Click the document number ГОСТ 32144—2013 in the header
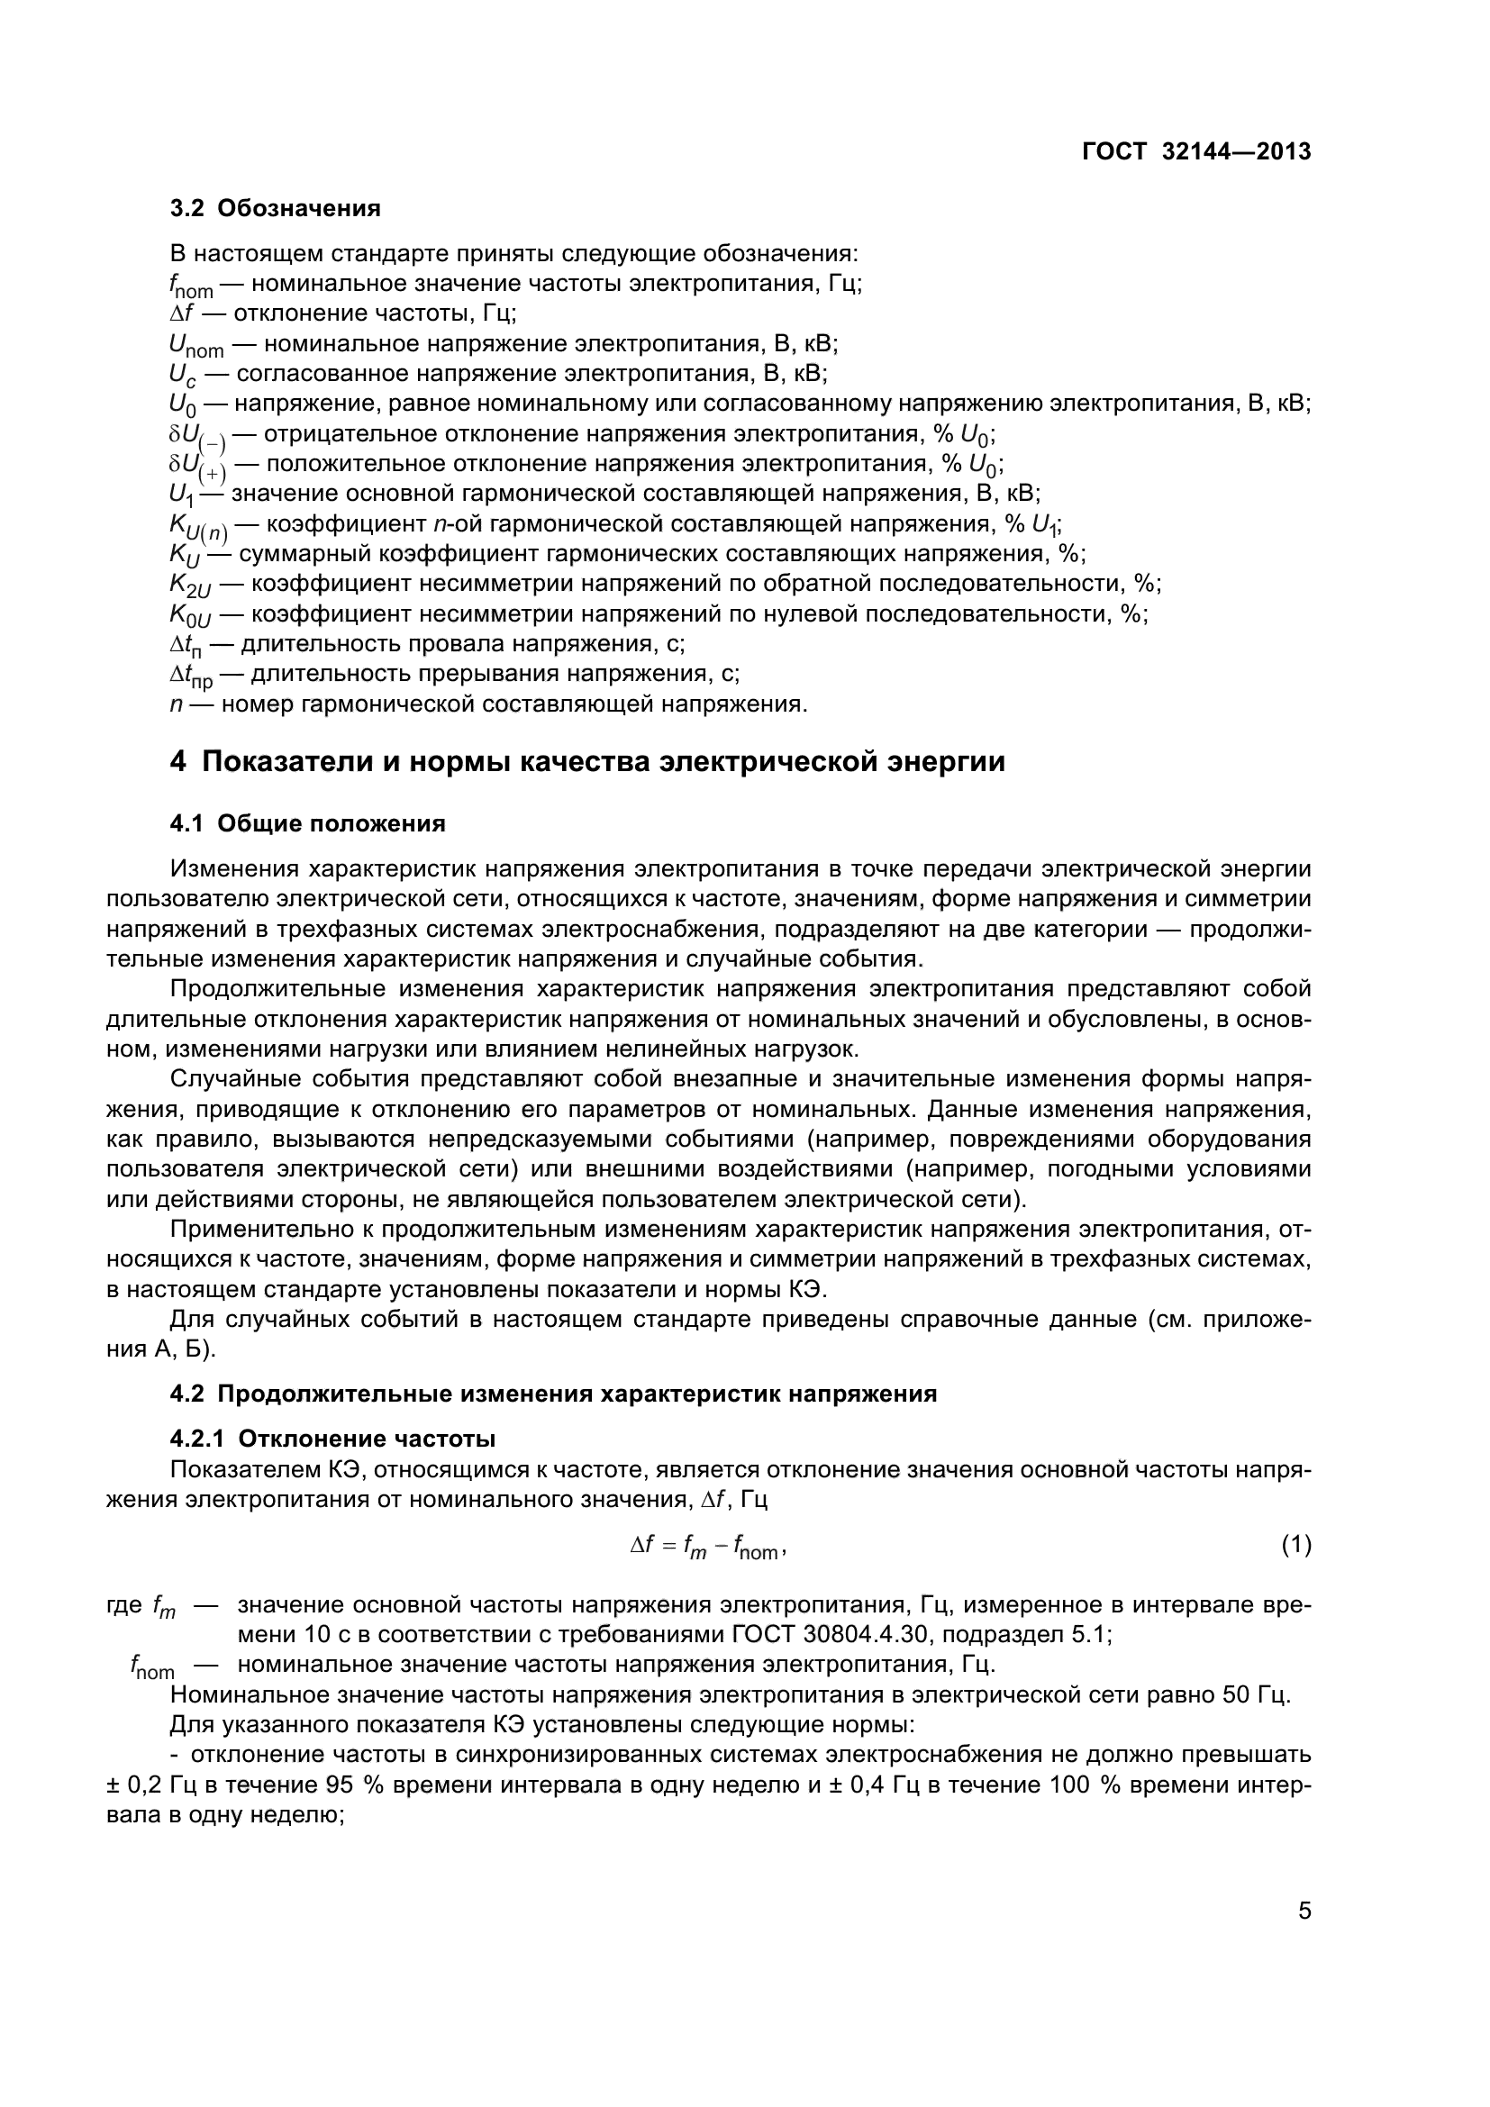click(x=1195, y=152)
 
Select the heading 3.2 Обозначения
click(x=276, y=209)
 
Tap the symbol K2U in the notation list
click(x=190, y=586)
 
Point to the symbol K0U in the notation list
click(x=190, y=616)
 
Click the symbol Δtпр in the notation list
click(x=191, y=677)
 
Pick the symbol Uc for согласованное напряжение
click(x=183, y=376)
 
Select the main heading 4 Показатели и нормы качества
click(x=587, y=763)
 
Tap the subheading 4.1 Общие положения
click(x=307, y=824)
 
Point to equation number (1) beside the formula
click(x=1295, y=1547)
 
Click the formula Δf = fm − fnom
click(x=707, y=1548)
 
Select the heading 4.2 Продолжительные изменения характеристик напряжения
click(x=553, y=1394)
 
